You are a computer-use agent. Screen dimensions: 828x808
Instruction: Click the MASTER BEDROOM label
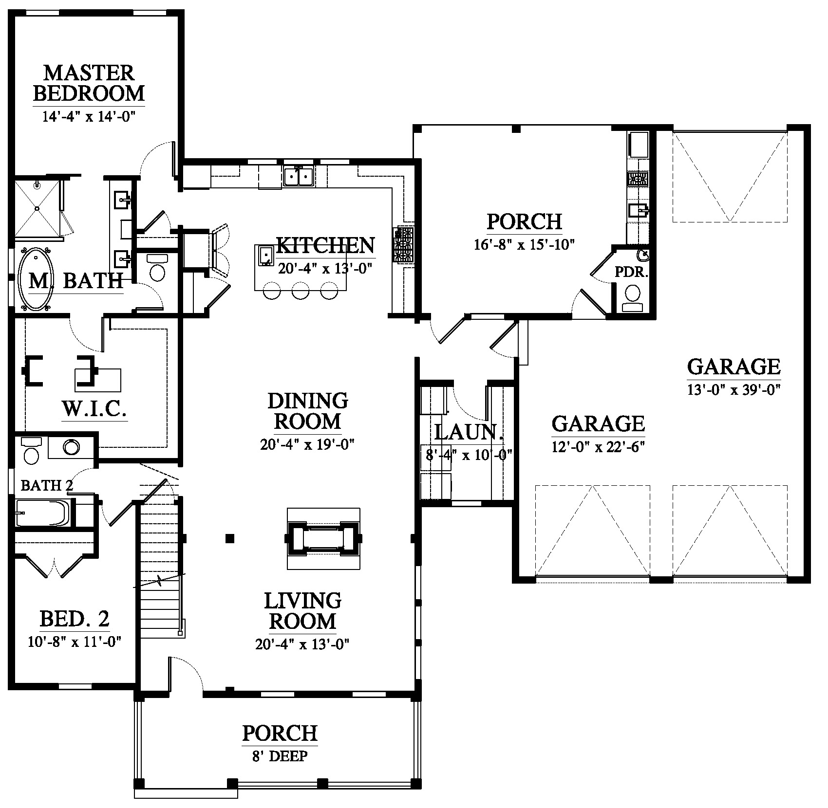pos(89,83)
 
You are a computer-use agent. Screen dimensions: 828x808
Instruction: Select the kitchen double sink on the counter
pos(298,176)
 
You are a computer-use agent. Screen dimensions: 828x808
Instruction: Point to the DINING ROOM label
pos(308,411)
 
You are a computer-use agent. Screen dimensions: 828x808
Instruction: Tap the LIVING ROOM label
pos(303,611)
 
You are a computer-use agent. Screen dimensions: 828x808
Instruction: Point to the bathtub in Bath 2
pos(43,513)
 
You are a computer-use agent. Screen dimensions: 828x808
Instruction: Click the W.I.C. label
pos(94,410)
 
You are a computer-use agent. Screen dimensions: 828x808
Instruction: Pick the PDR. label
pos(632,273)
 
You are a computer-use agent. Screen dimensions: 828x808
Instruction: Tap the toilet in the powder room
pos(633,298)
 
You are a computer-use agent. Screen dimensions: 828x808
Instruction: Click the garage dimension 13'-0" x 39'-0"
pos(734,389)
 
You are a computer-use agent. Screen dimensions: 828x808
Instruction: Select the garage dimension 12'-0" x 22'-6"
pos(599,447)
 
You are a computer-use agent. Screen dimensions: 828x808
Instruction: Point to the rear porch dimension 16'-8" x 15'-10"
pos(525,244)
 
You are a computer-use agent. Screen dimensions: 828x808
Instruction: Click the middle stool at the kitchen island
pos(301,293)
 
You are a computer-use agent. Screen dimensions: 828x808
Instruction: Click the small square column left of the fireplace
pos(230,538)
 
